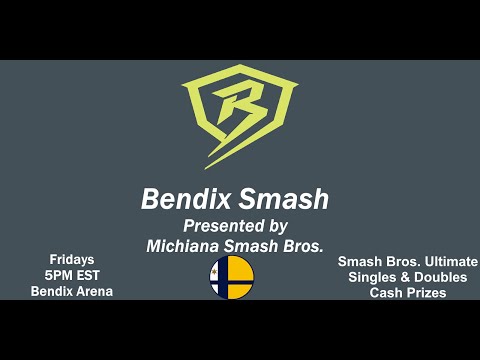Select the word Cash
coord(386,292)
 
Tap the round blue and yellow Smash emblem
coord(232,276)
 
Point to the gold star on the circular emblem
coord(218,270)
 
